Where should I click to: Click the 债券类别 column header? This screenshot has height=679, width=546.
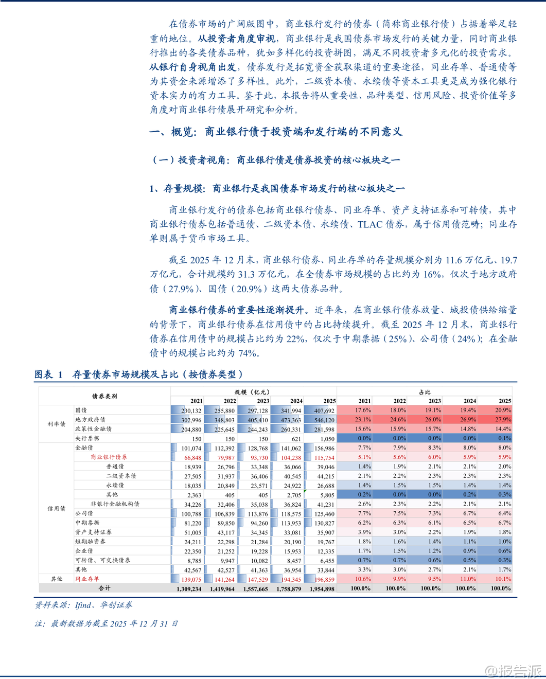104,396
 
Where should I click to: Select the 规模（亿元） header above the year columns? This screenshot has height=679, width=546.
253,392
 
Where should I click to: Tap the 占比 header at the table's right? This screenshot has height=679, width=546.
425,392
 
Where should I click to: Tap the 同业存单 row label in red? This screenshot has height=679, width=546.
87,579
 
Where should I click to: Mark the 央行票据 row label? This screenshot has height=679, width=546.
87,438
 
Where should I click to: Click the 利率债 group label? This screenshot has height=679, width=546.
57,424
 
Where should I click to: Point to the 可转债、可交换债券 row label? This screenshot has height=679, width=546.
103,560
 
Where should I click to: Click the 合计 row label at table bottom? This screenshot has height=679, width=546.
104,588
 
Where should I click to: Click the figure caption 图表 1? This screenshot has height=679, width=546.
48,374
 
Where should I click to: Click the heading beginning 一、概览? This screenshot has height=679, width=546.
276,132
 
